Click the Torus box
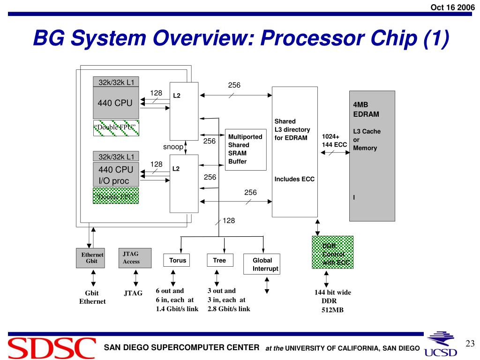[x=177, y=261]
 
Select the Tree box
[x=219, y=261]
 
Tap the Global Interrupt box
[x=262, y=264]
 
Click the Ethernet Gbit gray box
[x=90, y=258]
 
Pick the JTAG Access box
[x=135, y=258]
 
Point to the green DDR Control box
[x=332, y=252]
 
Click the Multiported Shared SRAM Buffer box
[x=246, y=149]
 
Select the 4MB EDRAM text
[x=366, y=109]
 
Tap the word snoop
[x=173, y=147]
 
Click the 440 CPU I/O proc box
[x=116, y=175]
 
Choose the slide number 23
[x=470, y=344]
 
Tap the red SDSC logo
[x=52, y=348]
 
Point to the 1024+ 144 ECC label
[x=334, y=141]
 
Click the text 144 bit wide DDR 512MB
[x=332, y=301]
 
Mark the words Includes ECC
[x=294, y=179]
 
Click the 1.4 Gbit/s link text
[x=177, y=309]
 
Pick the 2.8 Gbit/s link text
[x=229, y=309]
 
